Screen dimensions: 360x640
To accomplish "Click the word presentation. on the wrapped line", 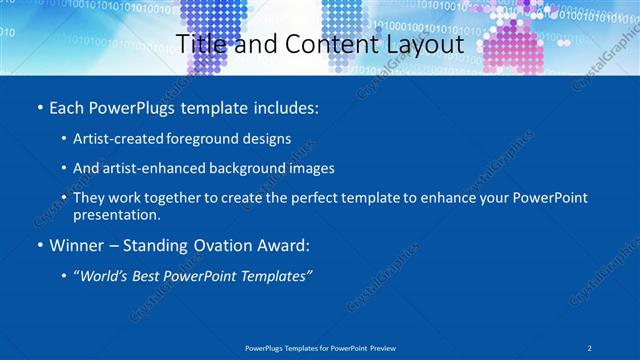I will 116,214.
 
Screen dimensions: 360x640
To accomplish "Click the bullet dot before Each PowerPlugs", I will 38,107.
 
